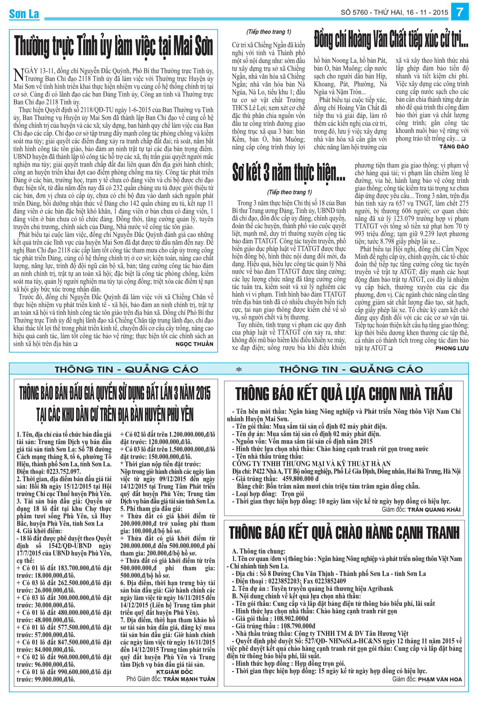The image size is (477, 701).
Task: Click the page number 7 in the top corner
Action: click(460, 12)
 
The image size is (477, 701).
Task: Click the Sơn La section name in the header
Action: click(24, 14)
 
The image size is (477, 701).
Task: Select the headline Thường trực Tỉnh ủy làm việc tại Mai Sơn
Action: click(114, 46)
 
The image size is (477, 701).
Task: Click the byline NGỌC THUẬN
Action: click(194, 344)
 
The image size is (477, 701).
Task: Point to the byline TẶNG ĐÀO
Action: click(454, 146)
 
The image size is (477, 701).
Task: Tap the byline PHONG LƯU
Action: click(452, 348)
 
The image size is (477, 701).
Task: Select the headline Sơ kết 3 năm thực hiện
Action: click(289, 173)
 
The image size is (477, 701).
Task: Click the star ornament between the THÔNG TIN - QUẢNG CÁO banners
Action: click(239, 369)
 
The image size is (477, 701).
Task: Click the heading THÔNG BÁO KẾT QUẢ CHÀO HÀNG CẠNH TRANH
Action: click(344, 533)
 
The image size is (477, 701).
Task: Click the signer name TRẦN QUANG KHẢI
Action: click(435, 510)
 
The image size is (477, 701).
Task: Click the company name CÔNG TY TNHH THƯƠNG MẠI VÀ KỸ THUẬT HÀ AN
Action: click(311, 464)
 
